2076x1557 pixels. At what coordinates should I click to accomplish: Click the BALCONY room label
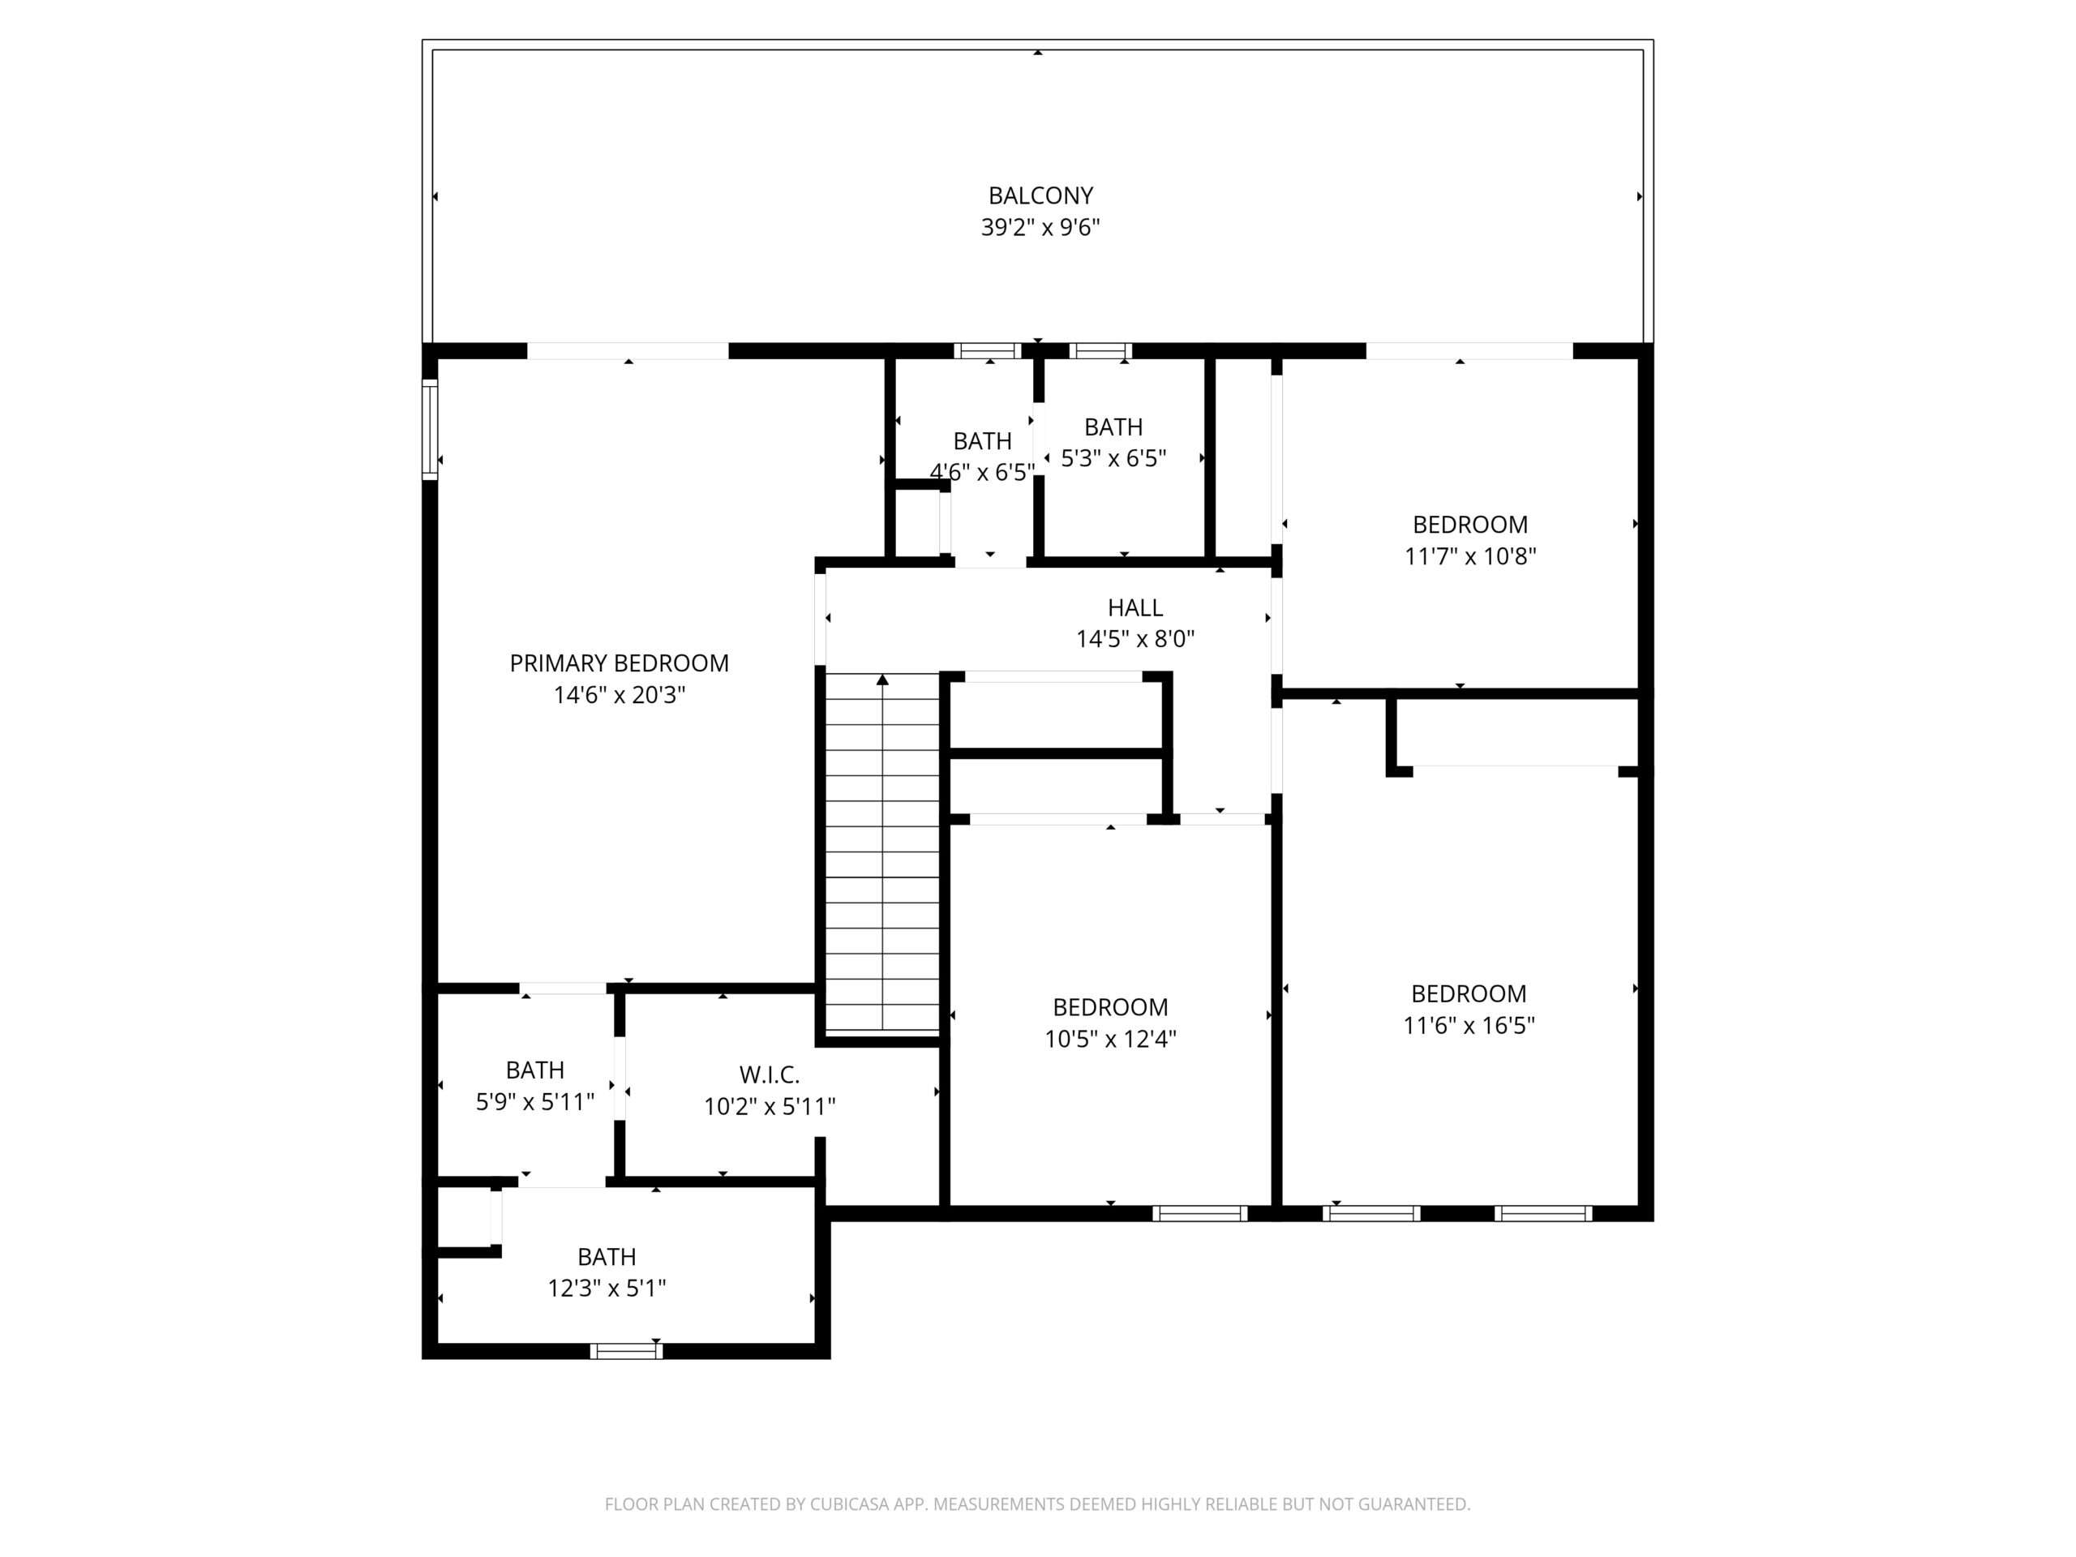point(1040,196)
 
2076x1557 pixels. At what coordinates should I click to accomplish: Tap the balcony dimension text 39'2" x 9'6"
point(1040,228)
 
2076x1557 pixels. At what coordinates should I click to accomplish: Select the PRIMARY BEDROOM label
point(619,663)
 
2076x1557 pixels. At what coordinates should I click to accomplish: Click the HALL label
point(1135,608)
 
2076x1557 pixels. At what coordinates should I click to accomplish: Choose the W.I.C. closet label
point(770,1074)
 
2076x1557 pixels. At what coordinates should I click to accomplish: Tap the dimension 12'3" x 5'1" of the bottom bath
point(607,1289)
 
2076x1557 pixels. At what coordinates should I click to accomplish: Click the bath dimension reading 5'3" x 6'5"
point(1113,459)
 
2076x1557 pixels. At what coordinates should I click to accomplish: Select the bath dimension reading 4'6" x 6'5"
point(982,472)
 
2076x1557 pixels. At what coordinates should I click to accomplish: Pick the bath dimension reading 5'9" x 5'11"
point(535,1102)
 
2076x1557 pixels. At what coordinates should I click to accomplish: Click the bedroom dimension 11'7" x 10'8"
point(1469,556)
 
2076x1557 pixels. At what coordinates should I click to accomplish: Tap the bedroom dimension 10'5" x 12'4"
point(1110,1039)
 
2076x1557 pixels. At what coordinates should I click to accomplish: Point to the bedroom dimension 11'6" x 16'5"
point(1469,1026)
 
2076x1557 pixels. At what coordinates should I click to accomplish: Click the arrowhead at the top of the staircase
point(882,680)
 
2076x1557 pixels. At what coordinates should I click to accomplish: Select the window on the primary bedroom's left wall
point(430,429)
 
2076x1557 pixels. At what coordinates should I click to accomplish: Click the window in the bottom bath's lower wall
point(626,1352)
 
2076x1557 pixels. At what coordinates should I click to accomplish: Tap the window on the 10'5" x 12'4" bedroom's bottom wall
point(1199,1213)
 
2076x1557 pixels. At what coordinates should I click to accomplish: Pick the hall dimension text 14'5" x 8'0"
point(1135,640)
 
